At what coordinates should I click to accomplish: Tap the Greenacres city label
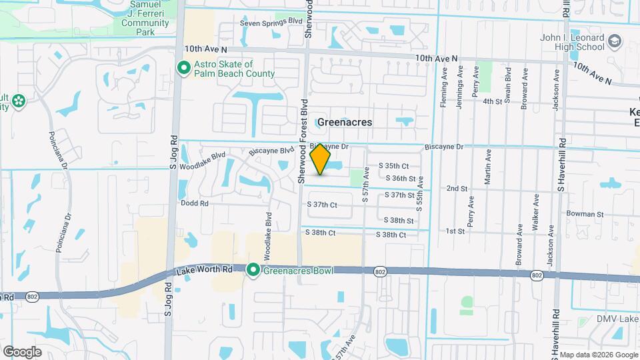pyautogui.click(x=344, y=123)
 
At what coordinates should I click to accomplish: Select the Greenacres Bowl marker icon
pyautogui.click(x=253, y=270)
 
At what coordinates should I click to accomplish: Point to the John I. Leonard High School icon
pyautogui.click(x=615, y=43)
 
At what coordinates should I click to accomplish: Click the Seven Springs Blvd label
pyautogui.click(x=271, y=22)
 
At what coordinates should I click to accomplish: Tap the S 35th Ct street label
pyautogui.click(x=393, y=165)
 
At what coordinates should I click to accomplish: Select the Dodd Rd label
pyautogui.click(x=195, y=203)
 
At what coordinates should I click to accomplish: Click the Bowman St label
pyautogui.click(x=585, y=215)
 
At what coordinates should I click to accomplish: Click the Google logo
pyautogui.click(x=22, y=351)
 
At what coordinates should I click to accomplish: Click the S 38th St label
pyautogui.click(x=400, y=220)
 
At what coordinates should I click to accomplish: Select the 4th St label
pyautogui.click(x=492, y=101)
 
